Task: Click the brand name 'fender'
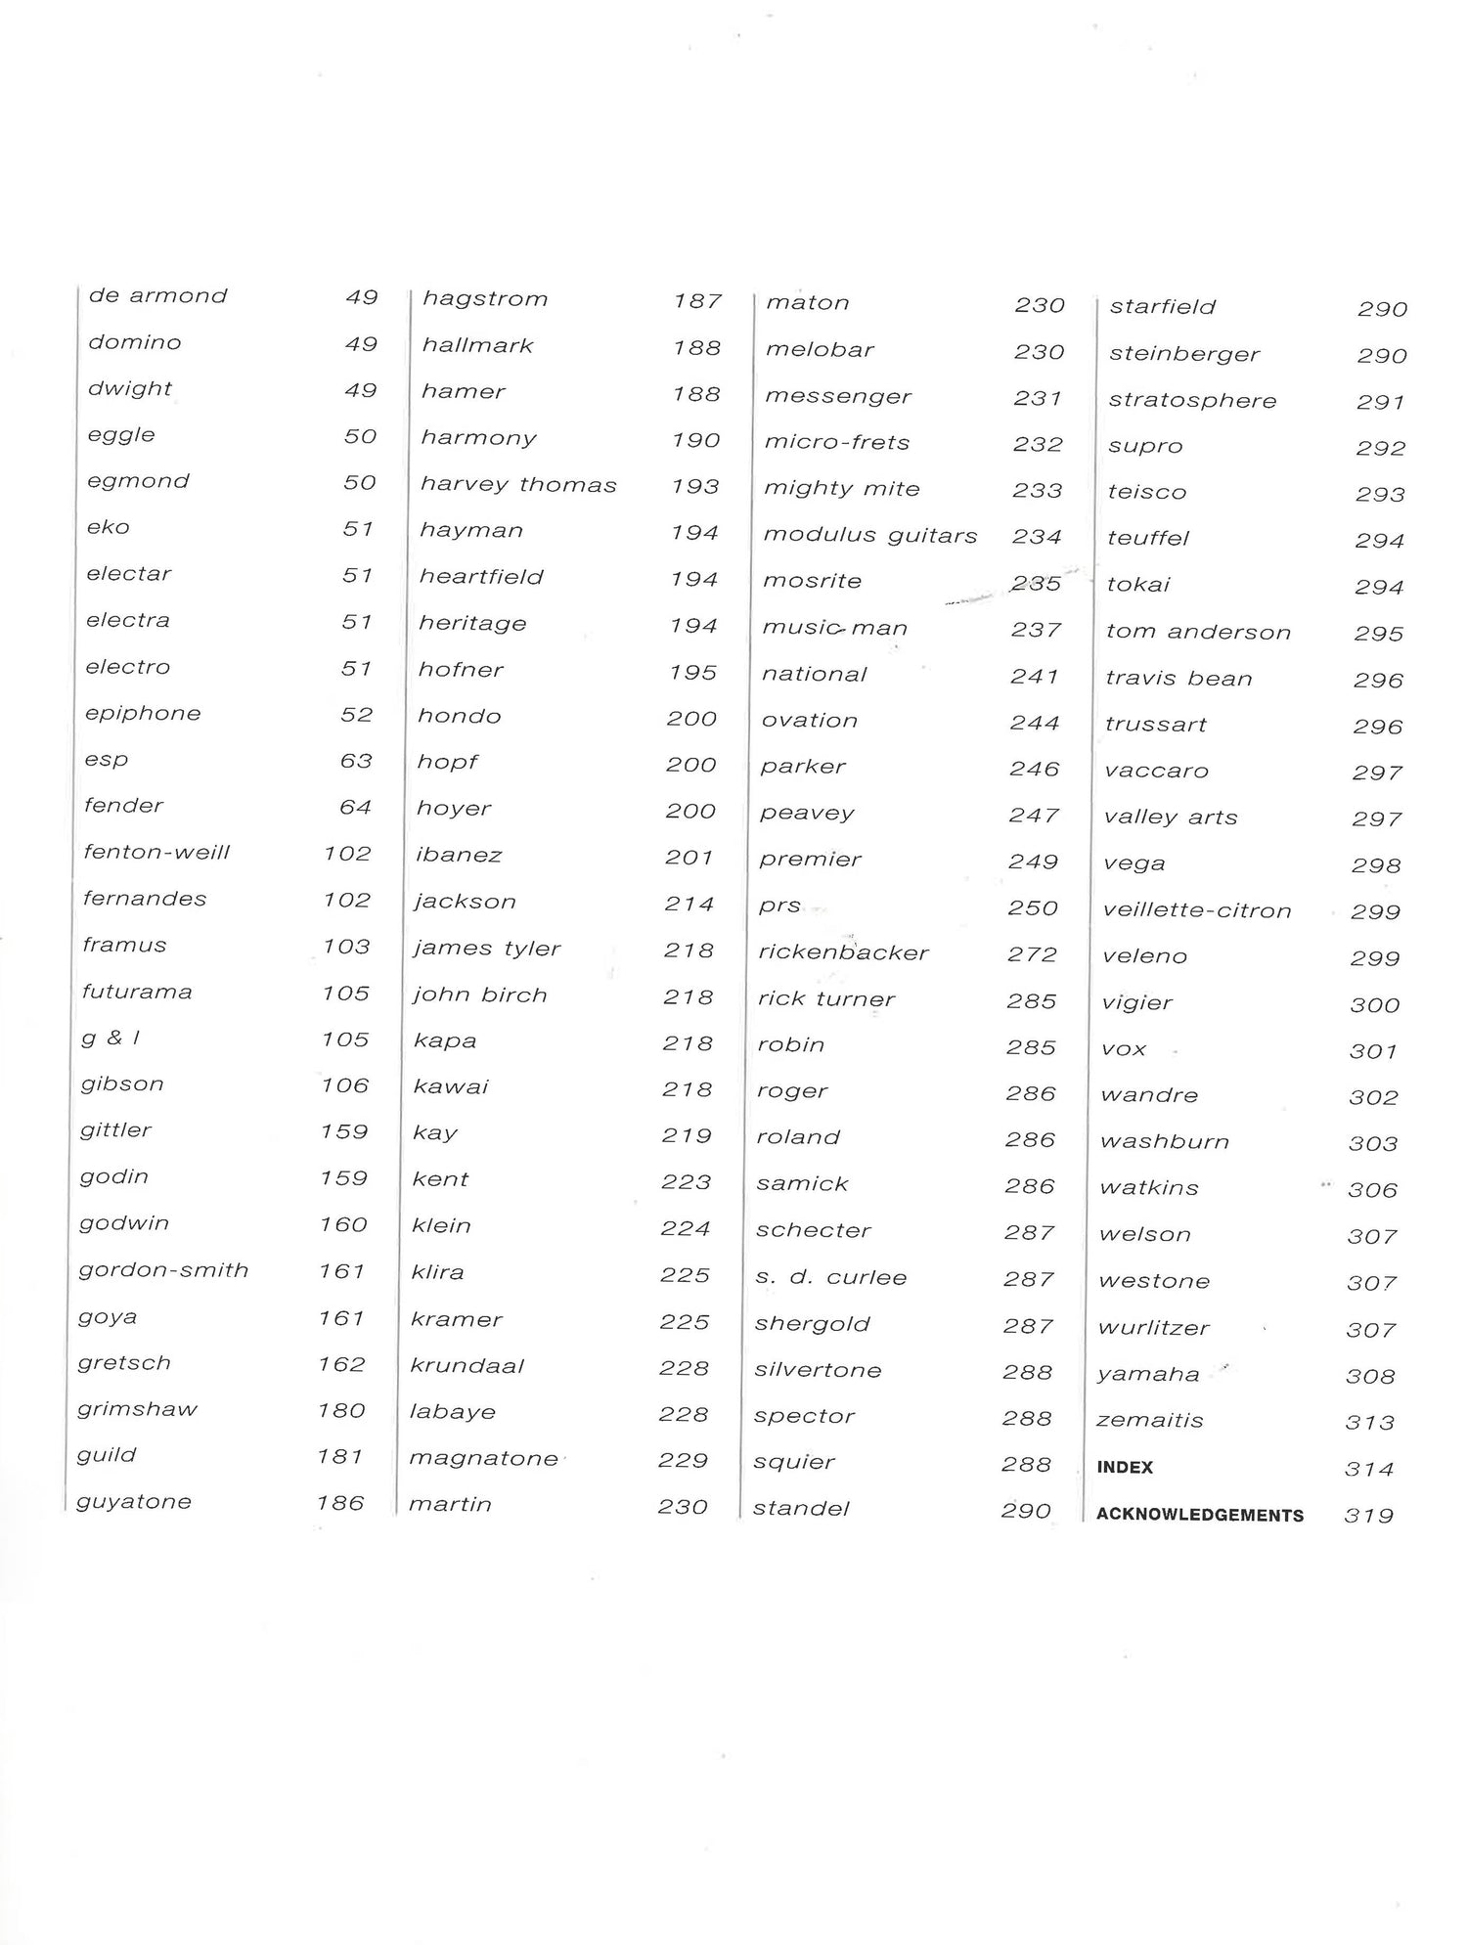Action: (x=123, y=807)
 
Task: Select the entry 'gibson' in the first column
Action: (x=122, y=1084)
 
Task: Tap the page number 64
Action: (x=356, y=808)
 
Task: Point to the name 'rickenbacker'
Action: (x=843, y=953)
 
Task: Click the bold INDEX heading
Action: (x=1125, y=1468)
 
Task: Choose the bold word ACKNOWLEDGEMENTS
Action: (x=1200, y=1516)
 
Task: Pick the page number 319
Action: (x=1368, y=1517)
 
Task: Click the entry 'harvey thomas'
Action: (x=518, y=486)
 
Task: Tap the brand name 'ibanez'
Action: (x=459, y=856)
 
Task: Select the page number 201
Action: (x=689, y=858)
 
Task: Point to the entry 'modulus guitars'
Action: (x=870, y=536)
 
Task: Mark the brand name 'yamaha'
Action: (x=1148, y=1375)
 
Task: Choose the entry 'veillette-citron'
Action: (x=1197, y=911)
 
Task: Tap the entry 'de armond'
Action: (x=157, y=296)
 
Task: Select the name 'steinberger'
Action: (x=1184, y=354)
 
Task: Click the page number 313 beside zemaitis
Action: (x=1369, y=1423)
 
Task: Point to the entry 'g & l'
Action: (x=111, y=1039)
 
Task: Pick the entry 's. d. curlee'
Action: (x=831, y=1278)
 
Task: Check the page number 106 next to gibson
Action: (x=345, y=1086)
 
